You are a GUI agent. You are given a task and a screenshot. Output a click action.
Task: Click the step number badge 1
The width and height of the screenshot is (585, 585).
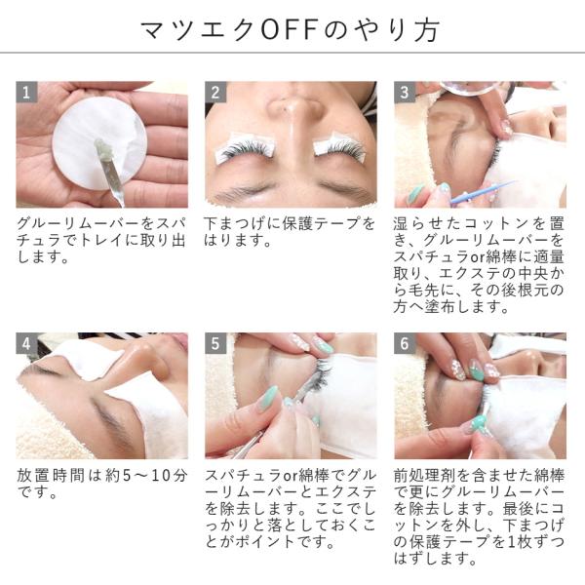[26, 92]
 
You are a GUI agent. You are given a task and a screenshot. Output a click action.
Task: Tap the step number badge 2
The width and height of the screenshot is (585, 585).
[215, 92]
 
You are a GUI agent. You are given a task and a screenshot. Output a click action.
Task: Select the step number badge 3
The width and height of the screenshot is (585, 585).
[405, 92]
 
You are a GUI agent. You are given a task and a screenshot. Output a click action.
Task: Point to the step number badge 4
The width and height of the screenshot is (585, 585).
[26, 343]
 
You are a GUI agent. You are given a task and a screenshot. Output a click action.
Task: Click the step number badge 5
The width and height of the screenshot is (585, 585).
[215, 343]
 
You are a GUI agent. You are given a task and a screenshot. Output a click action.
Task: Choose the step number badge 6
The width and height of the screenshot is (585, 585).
[405, 343]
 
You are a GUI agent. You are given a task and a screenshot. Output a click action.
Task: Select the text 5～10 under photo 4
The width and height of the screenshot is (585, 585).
[148, 476]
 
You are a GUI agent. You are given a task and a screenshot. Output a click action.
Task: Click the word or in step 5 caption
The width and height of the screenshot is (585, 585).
[291, 477]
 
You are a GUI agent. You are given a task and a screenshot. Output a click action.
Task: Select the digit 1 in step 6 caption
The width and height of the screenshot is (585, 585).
[512, 542]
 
